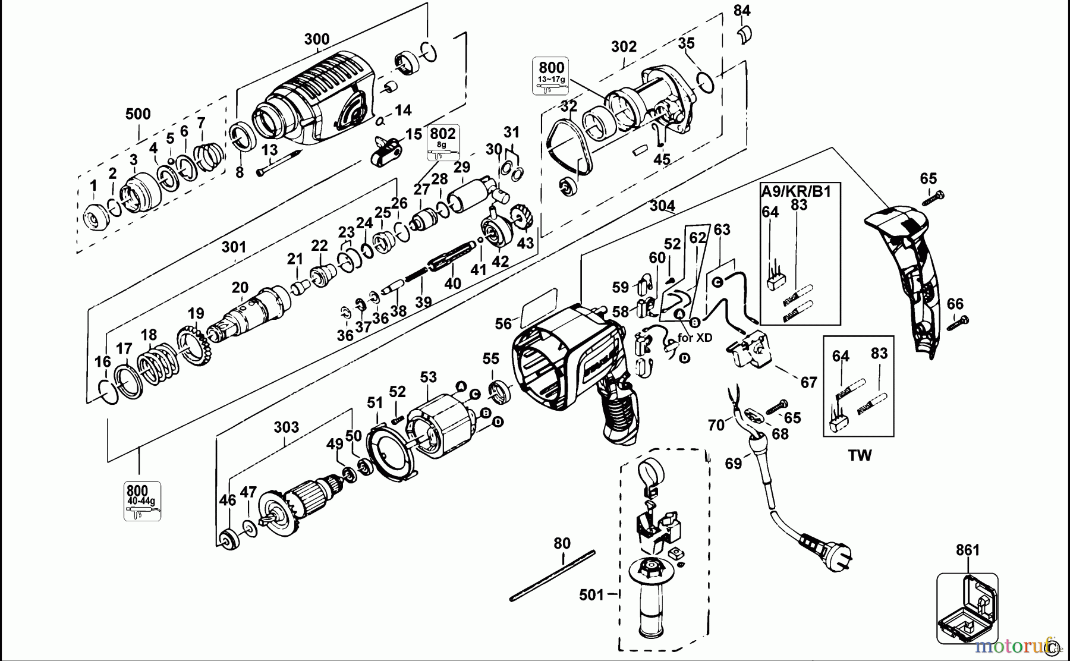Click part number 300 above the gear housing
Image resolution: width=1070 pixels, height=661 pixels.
[316, 39]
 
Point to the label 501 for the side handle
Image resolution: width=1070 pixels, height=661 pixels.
[591, 594]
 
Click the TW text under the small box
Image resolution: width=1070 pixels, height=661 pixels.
[860, 455]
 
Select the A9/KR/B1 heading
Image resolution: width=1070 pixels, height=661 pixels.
[796, 191]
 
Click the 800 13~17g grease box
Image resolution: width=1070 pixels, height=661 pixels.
[551, 76]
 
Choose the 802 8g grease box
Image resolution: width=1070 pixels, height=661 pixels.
[442, 143]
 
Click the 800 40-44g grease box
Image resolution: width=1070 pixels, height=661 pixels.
[142, 501]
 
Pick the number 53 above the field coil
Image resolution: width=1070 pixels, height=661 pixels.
[428, 377]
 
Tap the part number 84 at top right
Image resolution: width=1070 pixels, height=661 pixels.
[742, 10]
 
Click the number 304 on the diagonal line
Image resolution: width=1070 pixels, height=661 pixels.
[662, 206]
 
